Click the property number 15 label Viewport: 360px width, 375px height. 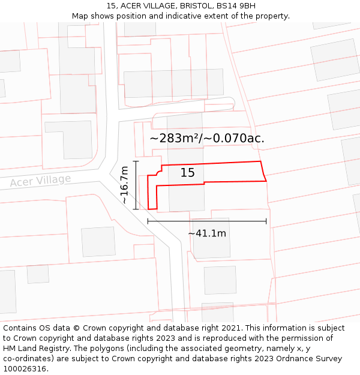click(x=188, y=173)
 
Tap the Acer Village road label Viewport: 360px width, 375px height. click(x=40, y=181)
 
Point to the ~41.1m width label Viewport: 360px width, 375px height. click(x=207, y=233)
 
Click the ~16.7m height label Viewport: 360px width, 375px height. click(x=125, y=185)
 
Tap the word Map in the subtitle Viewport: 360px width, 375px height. click(x=81, y=16)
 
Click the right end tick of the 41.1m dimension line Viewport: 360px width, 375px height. click(x=266, y=221)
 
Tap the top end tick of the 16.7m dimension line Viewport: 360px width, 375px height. click(x=136, y=161)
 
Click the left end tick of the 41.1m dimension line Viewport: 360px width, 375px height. click(x=148, y=221)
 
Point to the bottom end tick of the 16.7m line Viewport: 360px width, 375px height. click(x=136, y=209)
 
